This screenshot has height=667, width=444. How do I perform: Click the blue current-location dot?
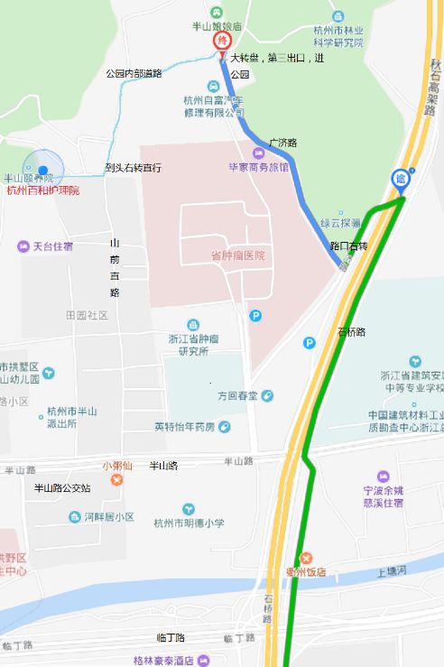(x=42, y=170)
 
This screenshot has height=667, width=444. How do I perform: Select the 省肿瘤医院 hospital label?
(x=237, y=255)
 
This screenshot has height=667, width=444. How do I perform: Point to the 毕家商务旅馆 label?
(x=264, y=167)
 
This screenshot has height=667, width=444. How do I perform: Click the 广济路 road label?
(x=282, y=143)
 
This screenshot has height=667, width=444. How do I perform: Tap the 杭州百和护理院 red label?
(x=42, y=190)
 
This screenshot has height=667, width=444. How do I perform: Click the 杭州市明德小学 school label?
(x=189, y=523)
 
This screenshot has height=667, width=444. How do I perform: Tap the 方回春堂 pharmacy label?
(x=237, y=395)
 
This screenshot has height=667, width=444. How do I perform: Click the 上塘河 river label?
(x=393, y=571)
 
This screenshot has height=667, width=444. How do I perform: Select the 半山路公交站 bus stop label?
(x=61, y=488)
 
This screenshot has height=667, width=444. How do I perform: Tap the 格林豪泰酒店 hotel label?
(x=163, y=661)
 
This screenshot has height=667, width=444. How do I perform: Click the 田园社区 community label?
(x=87, y=315)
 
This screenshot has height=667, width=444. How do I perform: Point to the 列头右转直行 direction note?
(x=133, y=168)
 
